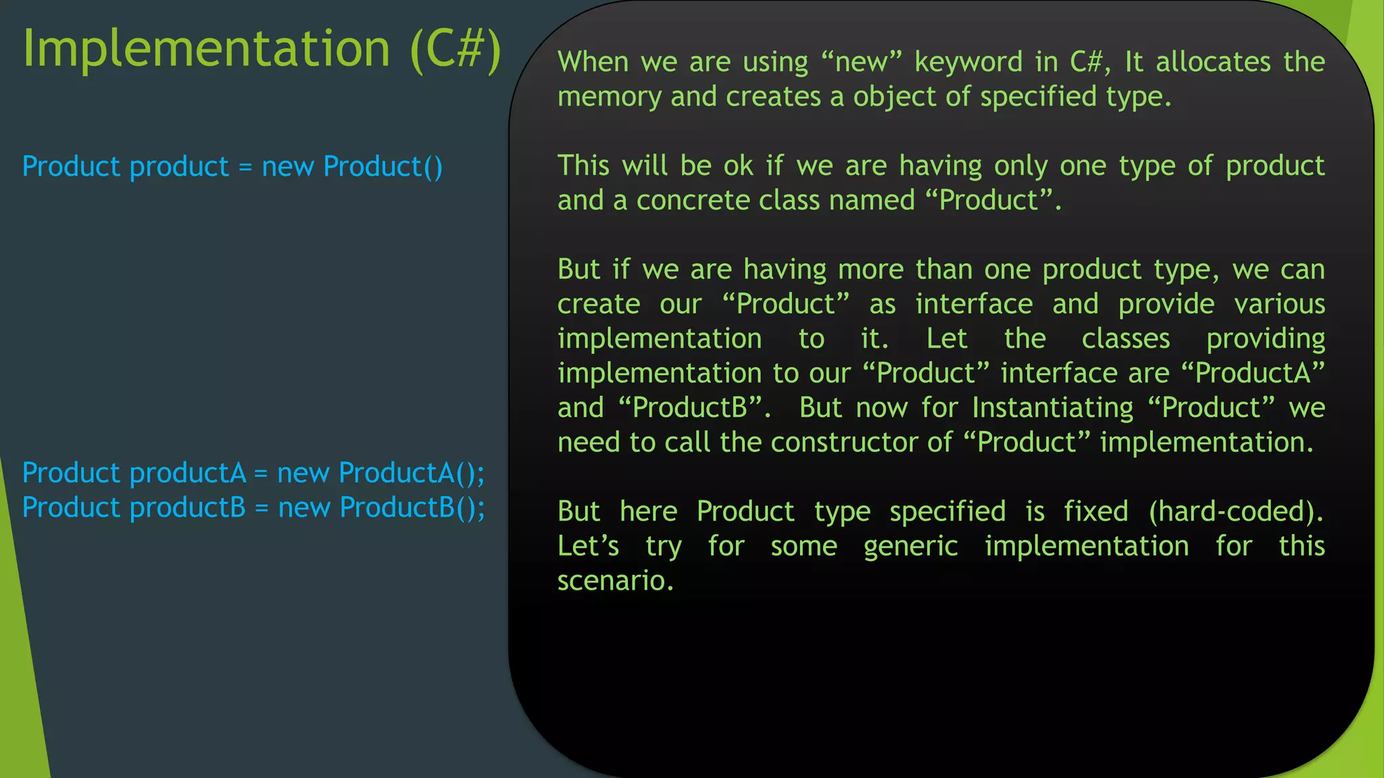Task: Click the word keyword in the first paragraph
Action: click(968, 62)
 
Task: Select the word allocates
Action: click(1213, 62)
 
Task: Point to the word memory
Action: click(608, 97)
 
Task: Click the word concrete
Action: click(693, 201)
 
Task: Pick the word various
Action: click(1279, 305)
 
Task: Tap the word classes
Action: click(1125, 339)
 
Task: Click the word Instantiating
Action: click(1052, 408)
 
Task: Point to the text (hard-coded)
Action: click(1235, 511)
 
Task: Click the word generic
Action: click(910, 546)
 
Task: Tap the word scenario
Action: click(614, 581)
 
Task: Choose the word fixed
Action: click(1095, 511)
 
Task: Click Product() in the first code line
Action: click(382, 167)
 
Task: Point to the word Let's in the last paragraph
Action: click(588, 546)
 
